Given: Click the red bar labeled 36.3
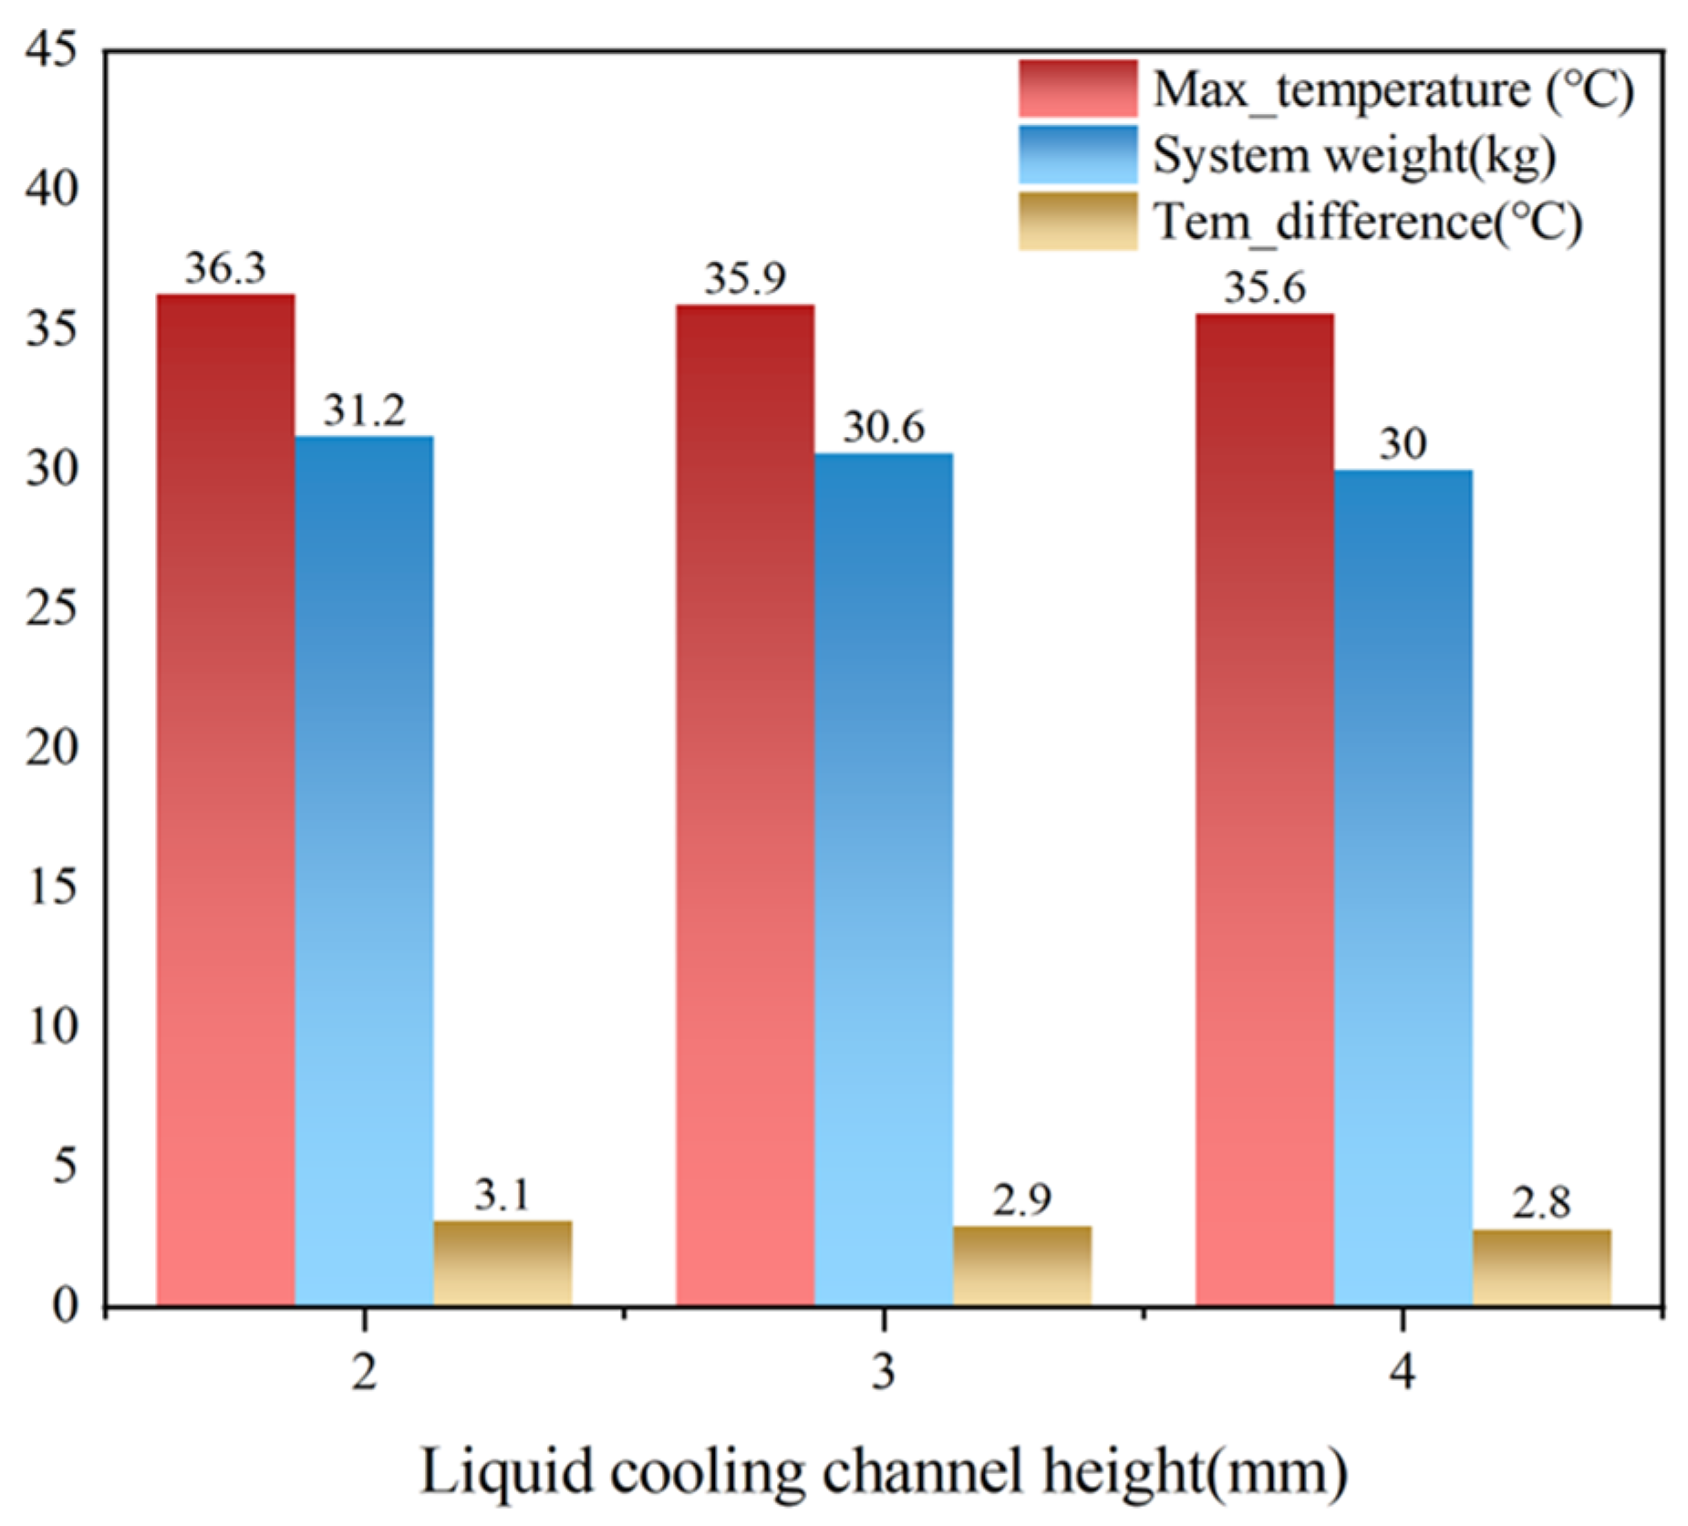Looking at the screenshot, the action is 225,799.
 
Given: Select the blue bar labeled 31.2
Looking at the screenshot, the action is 364,870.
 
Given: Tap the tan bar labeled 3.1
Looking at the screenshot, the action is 502,1262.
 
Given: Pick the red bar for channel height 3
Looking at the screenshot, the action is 745,805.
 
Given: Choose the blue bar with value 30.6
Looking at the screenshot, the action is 884,878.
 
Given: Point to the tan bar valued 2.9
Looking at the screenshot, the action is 1022,1265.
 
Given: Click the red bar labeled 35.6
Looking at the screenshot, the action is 1265,809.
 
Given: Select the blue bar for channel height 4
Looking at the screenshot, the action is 1403,887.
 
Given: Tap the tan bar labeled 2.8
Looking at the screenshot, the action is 1542,1267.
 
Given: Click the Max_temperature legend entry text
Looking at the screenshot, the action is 1393,90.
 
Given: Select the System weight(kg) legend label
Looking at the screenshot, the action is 1354,155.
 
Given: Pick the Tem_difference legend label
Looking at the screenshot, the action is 1368,222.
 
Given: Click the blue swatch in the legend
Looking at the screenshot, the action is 1078,154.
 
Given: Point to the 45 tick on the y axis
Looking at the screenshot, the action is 52,49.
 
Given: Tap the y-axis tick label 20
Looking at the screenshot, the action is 52,747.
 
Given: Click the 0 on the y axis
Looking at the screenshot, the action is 65,1305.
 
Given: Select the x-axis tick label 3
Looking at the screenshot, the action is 883,1370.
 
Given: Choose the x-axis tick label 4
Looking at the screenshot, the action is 1403,1370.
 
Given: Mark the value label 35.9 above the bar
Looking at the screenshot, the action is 745,278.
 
